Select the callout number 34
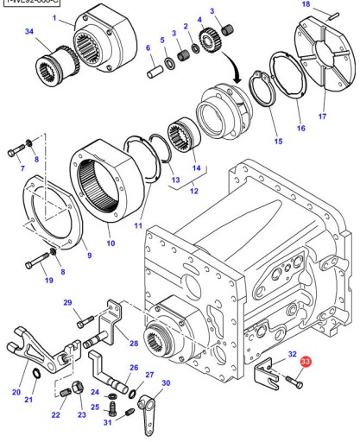(x=30, y=33)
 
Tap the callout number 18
(x=304, y=5)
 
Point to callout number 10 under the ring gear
(x=110, y=244)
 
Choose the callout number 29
(x=67, y=303)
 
